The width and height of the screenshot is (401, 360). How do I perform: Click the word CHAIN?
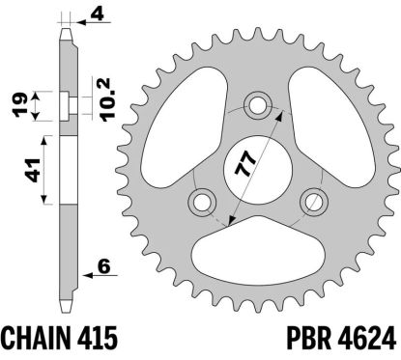click(42, 339)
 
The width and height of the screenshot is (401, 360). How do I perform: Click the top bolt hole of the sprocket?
click(258, 103)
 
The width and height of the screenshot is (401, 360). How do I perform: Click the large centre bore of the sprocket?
click(258, 168)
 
